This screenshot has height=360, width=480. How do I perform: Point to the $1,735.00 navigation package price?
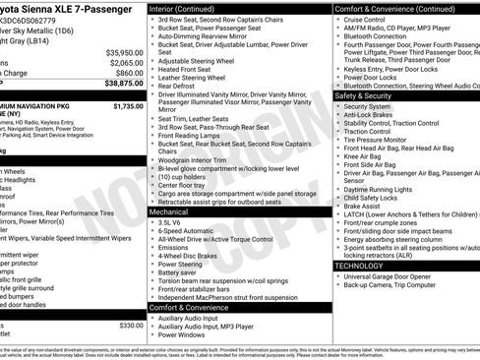128,105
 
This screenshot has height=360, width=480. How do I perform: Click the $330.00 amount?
131,325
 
